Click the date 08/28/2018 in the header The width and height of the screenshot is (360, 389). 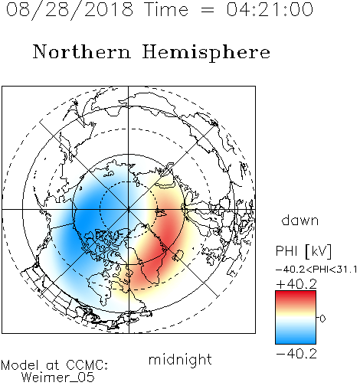70,10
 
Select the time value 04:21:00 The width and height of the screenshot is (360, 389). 270,10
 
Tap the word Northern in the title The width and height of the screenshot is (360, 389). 82,52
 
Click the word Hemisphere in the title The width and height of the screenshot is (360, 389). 206,53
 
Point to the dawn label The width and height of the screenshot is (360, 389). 300,220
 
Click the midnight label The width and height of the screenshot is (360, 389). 180,359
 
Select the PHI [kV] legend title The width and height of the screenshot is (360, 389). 303,251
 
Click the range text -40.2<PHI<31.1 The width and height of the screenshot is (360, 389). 316,270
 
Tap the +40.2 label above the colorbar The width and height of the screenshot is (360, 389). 296,284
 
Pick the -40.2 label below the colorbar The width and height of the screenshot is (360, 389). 296,354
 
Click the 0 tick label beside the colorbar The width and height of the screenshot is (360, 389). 322,319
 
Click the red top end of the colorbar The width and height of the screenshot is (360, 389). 296,293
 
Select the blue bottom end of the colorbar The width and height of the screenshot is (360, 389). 296,342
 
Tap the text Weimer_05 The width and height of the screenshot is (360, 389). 58,378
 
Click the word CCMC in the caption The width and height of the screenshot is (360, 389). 87,365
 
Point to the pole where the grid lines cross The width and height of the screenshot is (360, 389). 128,209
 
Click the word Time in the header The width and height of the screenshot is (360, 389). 166,10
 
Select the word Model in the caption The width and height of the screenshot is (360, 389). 20,365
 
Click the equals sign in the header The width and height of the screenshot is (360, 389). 207,10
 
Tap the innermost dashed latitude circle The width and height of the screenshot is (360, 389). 128,181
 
